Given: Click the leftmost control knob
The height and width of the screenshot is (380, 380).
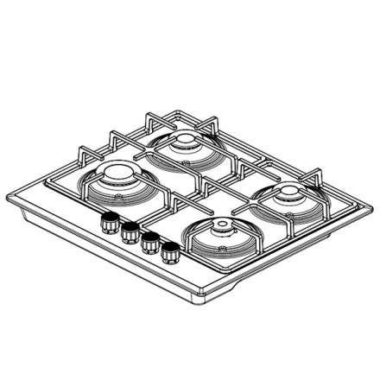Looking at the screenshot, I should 110,221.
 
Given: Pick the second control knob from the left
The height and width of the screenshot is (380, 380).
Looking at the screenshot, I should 130,231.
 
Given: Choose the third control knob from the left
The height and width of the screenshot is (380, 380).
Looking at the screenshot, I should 150,243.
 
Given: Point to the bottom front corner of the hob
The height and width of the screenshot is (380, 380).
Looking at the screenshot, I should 207,302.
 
